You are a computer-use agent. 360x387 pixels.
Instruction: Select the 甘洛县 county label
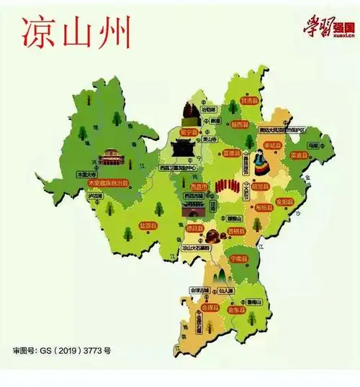click(x=249, y=102)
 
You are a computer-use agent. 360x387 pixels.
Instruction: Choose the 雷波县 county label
click(x=298, y=155)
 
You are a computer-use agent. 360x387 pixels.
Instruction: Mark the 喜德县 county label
click(x=230, y=153)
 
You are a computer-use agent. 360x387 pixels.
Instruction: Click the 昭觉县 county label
click(x=260, y=186)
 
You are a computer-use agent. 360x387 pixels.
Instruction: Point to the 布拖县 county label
click(x=263, y=207)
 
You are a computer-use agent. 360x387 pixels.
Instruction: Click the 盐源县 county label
click(x=147, y=225)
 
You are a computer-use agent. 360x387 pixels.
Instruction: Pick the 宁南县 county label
click(x=238, y=258)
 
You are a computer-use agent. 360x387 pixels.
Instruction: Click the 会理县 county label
click(x=209, y=307)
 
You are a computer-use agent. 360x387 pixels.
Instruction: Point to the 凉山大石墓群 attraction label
click(x=196, y=248)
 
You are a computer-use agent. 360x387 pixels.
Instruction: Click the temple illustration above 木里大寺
click(x=110, y=156)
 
